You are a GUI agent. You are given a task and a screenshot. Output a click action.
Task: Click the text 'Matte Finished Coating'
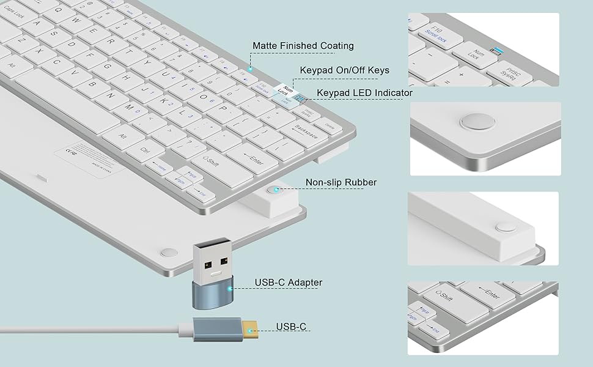coord(303,46)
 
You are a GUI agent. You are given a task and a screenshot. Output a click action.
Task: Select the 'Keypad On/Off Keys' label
coord(344,70)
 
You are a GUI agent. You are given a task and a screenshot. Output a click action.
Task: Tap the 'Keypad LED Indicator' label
coord(364,93)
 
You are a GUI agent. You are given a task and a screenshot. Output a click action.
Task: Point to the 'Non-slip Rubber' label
coord(341,182)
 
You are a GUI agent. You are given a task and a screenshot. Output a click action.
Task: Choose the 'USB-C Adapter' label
coord(288,283)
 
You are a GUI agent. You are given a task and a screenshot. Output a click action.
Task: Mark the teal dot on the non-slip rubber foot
coord(277,190)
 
